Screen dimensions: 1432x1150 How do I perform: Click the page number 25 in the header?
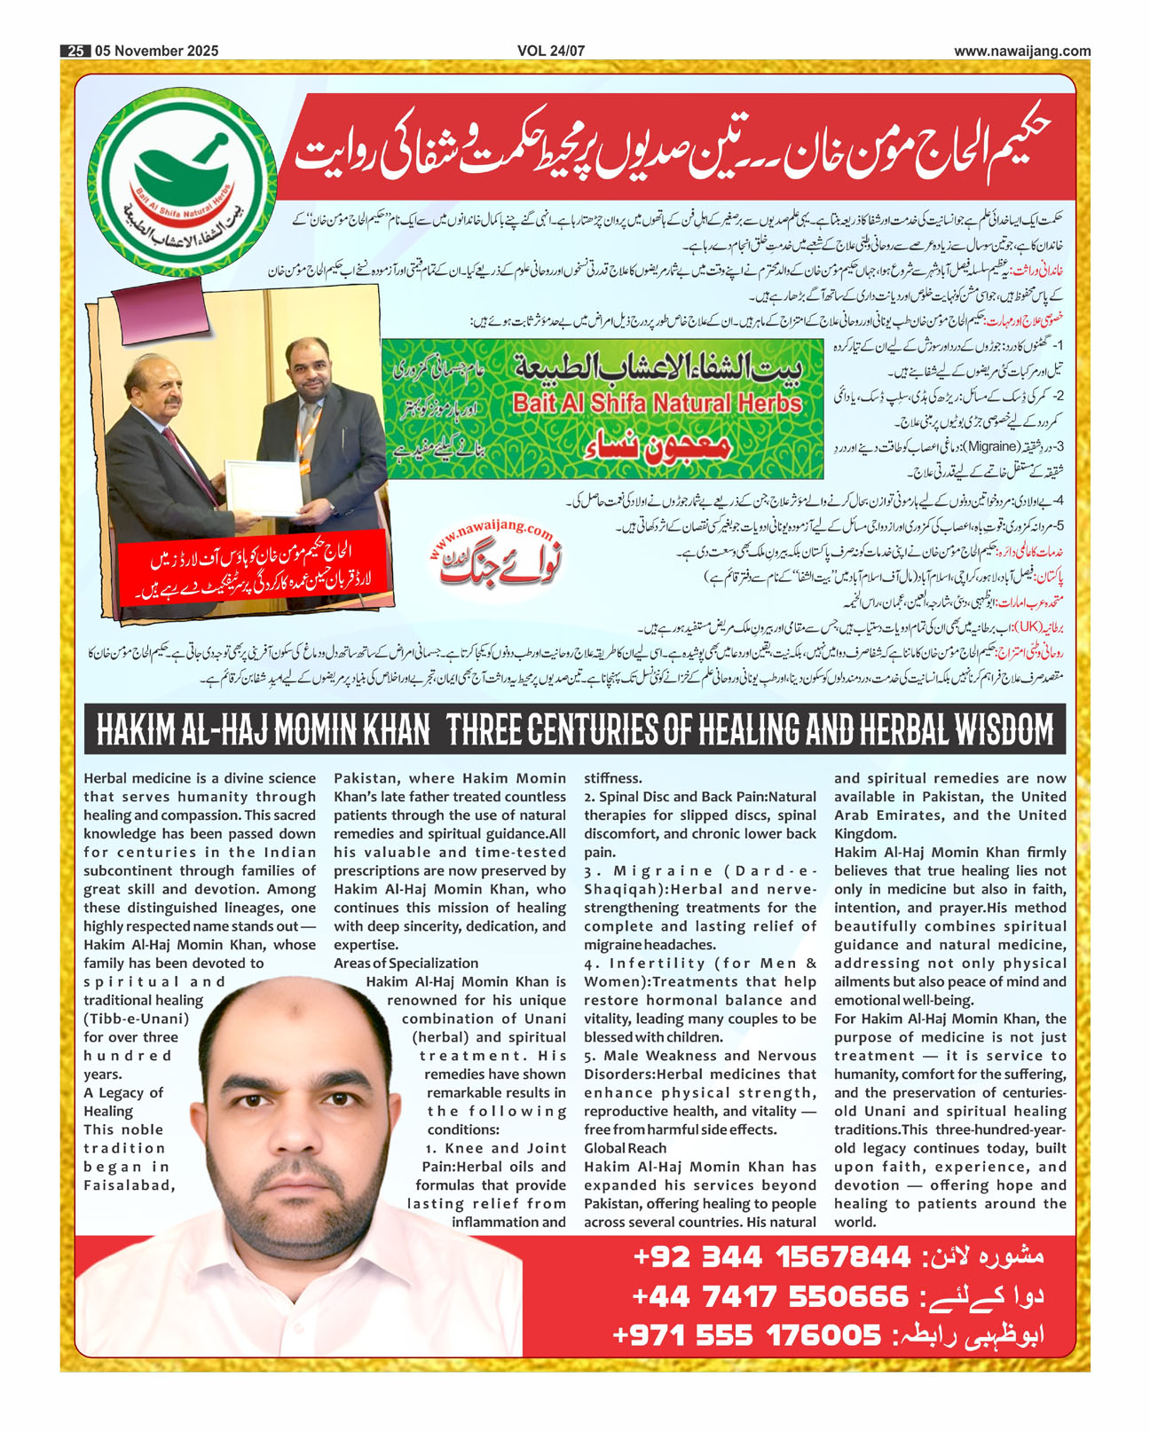coord(75,51)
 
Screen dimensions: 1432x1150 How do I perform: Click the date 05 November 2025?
coord(156,51)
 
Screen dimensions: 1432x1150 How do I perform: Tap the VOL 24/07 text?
coord(551,51)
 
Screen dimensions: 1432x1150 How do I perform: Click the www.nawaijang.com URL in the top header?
coord(1022,51)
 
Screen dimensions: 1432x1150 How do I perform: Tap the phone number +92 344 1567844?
coord(771,1257)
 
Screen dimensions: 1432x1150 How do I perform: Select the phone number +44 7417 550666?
coord(770,1296)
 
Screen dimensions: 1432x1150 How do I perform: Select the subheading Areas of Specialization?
coord(406,964)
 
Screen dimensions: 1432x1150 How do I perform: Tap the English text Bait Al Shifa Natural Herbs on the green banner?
coord(658,404)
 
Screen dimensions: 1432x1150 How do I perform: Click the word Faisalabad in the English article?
coord(129,1185)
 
